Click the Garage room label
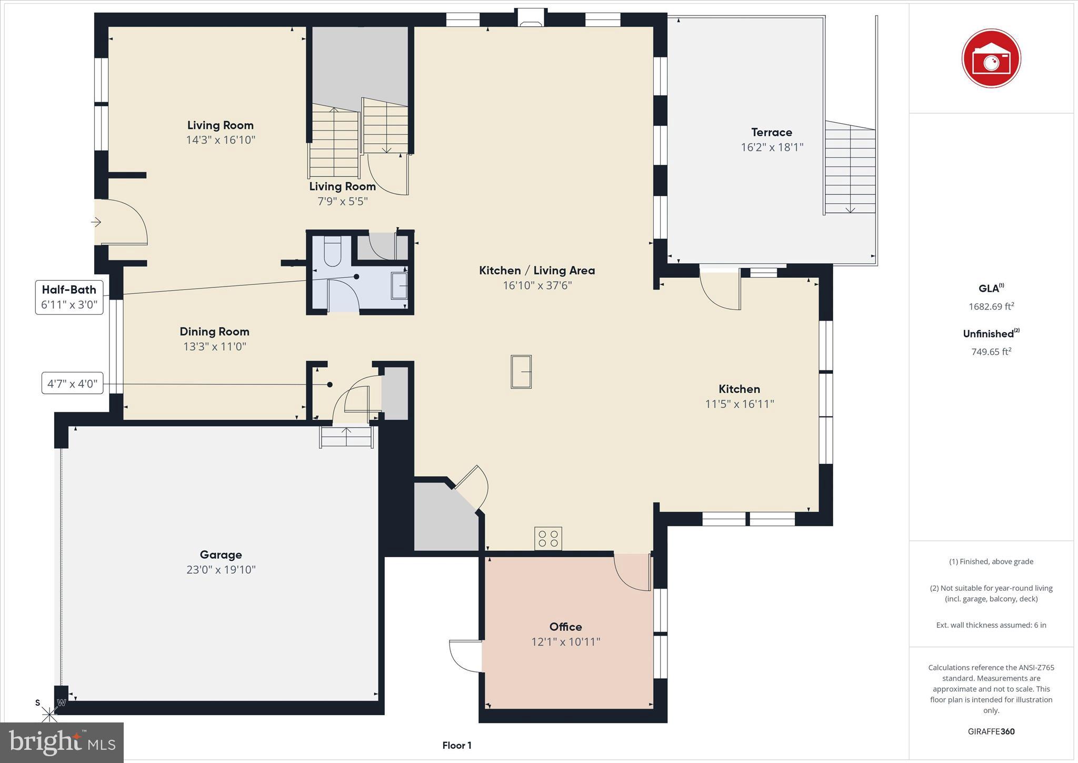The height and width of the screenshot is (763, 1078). (x=221, y=554)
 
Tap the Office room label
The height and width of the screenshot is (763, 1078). (x=565, y=627)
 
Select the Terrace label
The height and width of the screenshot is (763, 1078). (x=771, y=132)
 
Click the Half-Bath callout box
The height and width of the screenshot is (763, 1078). (x=69, y=297)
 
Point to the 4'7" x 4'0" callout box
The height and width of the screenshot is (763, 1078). (x=73, y=383)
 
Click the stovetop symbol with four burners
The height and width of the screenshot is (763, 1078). (x=548, y=538)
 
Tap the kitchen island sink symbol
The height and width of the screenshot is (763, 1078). (x=521, y=372)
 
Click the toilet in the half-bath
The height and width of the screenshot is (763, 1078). (x=333, y=251)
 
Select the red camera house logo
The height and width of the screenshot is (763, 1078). (x=991, y=58)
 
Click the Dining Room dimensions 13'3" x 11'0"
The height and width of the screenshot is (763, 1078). (x=214, y=346)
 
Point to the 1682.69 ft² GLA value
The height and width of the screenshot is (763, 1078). (x=991, y=306)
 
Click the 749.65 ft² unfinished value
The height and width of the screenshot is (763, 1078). (x=991, y=352)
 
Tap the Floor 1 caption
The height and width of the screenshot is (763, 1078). (x=456, y=745)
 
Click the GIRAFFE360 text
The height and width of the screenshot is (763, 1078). (x=991, y=731)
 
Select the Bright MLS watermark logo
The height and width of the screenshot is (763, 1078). (x=62, y=742)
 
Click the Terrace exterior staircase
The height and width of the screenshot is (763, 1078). (x=850, y=169)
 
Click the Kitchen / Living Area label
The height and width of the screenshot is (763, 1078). (x=537, y=271)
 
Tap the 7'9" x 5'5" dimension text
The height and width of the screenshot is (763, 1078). (x=342, y=201)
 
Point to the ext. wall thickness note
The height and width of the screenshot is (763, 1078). (x=991, y=625)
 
